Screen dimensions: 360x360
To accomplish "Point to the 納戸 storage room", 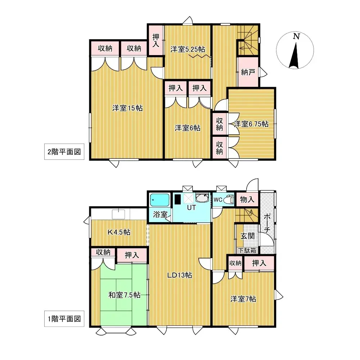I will click(x=248, y=72).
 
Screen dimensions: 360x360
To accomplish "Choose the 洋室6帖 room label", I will click(x=188, y=128).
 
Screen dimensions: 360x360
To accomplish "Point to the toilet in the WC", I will click(x=228, y=199).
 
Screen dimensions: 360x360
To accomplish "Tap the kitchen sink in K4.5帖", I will click(x=118, y=214).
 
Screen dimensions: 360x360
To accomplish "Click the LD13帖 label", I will click(x=179, y=275).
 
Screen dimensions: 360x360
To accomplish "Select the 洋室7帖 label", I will click(x=243, y=299).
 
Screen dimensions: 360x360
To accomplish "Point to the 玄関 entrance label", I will click(x=248, y=236).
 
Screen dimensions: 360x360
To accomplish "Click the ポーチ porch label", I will click(x=267, y=223).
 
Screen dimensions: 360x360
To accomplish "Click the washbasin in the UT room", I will click(x=202, y=198).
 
